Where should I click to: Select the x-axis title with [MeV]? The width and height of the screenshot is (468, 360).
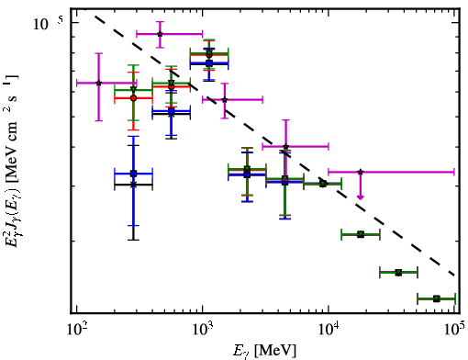(265, 351)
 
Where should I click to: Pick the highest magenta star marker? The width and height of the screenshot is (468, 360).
(160, 34)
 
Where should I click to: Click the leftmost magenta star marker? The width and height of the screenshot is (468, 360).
(99, 83)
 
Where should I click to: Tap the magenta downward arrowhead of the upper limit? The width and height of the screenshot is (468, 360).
(361, 197)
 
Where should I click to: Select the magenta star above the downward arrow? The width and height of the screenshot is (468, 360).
(361, 172)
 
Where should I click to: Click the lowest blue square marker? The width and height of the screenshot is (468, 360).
(133, 174)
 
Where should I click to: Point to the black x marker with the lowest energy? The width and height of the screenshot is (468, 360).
(133, 185)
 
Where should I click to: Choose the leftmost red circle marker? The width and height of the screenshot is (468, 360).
(133, 98)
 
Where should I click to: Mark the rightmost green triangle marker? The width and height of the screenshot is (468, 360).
(437, 298)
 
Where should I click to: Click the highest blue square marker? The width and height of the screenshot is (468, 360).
(209, 63)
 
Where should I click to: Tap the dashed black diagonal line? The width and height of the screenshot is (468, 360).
(274, 146)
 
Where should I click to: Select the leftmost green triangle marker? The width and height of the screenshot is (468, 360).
(133, 90)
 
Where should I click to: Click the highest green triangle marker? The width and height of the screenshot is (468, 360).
(209, 54)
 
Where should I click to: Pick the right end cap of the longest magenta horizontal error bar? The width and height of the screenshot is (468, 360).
(454, 172)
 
